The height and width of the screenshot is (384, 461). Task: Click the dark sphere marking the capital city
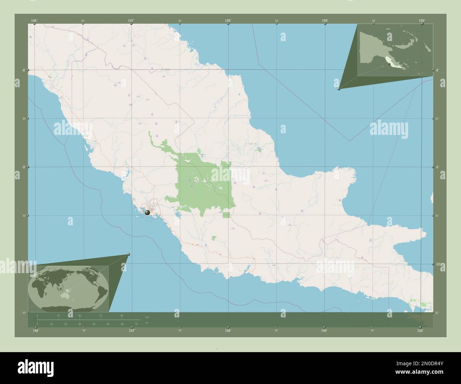[x=147, y=213]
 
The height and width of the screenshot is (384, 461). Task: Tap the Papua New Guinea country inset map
[x=395, y=50]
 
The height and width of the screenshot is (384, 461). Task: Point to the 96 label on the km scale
[x=122, y=315]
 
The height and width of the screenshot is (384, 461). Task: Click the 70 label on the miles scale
[x=136, y=324]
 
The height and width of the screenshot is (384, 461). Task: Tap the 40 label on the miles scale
[x=94, y=324]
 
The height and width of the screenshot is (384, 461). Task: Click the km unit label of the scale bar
[x=147, y=316]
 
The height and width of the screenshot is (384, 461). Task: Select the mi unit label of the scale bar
[x=146, y=323]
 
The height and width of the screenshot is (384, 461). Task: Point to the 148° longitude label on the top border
[x=228, y=21]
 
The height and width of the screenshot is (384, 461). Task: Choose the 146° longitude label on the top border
[x=34, y=21]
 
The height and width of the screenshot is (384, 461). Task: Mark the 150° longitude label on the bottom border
[x=420, y=331]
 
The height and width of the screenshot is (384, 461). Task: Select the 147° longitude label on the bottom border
[x=132, y=331]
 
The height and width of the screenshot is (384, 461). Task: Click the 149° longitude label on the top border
[x=325, y=21]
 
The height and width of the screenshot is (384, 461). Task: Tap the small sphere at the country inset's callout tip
[x=339, y=89]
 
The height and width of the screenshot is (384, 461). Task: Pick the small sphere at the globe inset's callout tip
[x=128, y=254]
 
